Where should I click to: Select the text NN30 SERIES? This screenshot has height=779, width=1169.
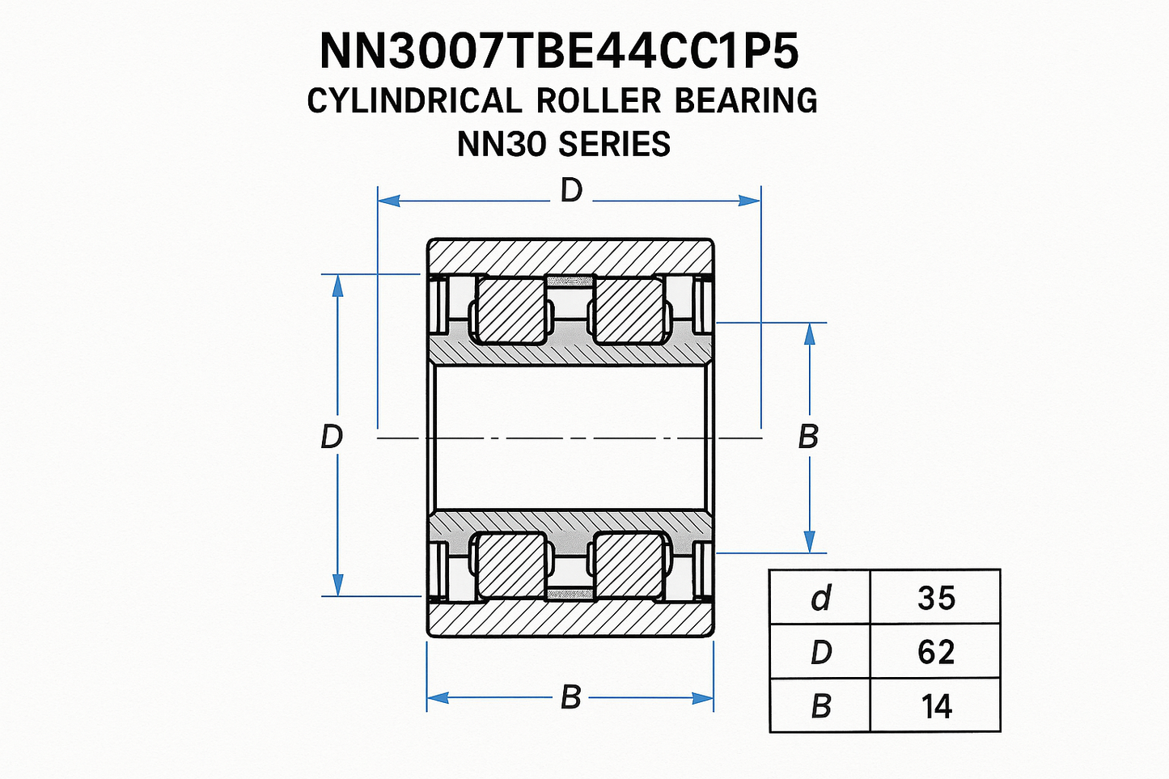(x=564, y=145)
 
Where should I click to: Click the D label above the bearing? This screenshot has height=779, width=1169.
(x=571, y=192)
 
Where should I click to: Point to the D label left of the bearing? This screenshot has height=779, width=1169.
(x=332, y=437)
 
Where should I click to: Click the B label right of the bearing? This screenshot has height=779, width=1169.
(x=808, y=437)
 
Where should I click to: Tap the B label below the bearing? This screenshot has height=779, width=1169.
(x=570, y=696)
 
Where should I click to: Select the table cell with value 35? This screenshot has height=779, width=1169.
(x=936, y=598)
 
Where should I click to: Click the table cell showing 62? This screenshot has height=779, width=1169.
(x=936, y=652)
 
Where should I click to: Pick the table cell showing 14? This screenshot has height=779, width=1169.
(x=936, y=706)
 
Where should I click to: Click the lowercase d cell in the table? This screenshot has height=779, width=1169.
(x=820, y=598)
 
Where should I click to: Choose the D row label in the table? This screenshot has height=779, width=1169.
(x=820, y=652)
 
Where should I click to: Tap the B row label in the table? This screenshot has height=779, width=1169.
(x=820, y=706)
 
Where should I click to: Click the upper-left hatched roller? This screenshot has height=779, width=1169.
(x=509, y=311)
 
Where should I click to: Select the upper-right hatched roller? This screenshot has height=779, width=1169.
(x=629, y=311)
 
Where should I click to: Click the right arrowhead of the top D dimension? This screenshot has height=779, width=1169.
(x=750, y=200)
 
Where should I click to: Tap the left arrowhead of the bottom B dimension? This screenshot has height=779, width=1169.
(x=438, y=697)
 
